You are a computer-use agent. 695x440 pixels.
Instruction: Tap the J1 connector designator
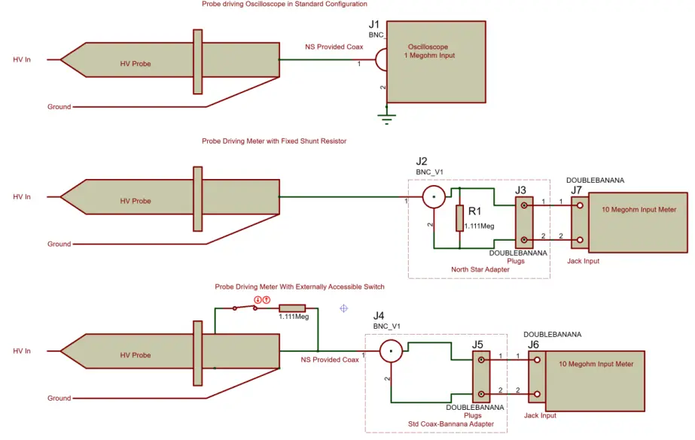[374, 25]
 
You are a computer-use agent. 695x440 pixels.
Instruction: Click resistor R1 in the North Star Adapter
[459, 218]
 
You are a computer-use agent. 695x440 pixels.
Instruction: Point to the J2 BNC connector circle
[434, 199]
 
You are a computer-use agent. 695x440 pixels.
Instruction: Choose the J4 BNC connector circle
[390, 350]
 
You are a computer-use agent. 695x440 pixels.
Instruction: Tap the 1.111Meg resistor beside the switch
[292, 308]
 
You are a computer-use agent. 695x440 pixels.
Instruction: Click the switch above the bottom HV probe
[245, 308]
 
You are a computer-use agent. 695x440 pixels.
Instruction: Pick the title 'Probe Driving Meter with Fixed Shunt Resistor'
[273, 141]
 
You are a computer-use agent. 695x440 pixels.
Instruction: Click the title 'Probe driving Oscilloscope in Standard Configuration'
[284, 5]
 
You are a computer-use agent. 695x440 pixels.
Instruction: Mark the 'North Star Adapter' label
[480, 269]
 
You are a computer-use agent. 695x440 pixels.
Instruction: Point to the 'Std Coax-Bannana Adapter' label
[450, 424]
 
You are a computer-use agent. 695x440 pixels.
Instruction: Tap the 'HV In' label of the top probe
[22, 59]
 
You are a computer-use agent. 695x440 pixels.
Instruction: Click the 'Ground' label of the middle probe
[59, 244]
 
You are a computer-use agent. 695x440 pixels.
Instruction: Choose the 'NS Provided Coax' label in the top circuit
[334, 47]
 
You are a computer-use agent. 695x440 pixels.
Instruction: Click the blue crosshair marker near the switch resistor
[343, 308]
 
